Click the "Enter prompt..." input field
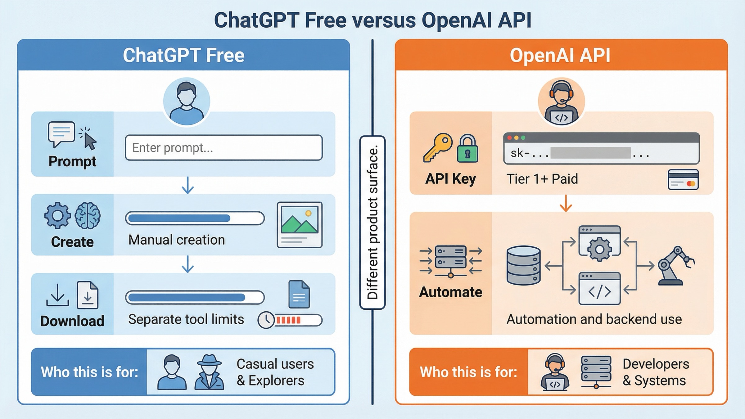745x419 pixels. (223, 148)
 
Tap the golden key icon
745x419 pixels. (437, 148)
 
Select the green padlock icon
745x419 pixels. (467, 149)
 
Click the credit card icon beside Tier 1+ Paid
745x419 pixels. (683, 180)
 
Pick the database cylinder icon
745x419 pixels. (523, 265)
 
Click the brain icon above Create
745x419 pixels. (88, 215)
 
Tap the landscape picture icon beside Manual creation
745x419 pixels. (299, 224)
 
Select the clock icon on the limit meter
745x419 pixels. (266, 320)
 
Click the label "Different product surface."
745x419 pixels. (372, 222)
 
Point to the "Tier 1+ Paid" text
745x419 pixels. (542, 179)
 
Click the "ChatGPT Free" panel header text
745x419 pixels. (183, 56)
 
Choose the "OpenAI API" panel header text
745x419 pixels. (560, 56)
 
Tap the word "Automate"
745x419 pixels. (450, 292)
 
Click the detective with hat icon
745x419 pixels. (210, 372)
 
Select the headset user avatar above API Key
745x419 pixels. (561, 101)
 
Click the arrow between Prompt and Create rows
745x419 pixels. (187, 185)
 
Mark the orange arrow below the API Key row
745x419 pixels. (566, 204)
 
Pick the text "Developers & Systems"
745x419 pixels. (656, 372)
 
